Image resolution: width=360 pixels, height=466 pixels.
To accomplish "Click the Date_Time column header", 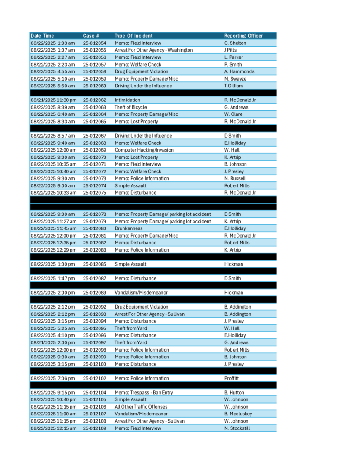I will [x=42, y=36].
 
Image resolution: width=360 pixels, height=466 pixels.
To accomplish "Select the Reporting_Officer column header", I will [x=243, y=36].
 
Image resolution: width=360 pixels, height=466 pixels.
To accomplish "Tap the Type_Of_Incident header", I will [x=133, y=36].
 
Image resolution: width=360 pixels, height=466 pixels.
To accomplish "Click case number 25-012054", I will [x=95, y=43].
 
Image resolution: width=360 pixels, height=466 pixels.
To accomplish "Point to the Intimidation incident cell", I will [x=128, y=100].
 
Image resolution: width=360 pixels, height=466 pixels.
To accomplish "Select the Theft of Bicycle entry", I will [x=131, y=107].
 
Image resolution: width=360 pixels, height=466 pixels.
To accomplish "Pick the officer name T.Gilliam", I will [x=233, y=86].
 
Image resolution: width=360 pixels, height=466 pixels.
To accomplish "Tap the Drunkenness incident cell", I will [x=129, y=228].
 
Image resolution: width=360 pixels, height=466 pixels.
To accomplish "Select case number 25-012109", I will [x=95, y=428].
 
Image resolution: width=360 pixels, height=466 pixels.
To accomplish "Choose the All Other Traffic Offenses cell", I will [x=141, y=407].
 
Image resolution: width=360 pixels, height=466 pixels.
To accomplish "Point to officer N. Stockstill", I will [x=237, y=428].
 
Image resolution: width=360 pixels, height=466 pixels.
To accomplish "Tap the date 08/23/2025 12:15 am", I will [x=53, y=428].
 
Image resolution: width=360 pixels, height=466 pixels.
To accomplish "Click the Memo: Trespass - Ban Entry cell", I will [x=144, y=393].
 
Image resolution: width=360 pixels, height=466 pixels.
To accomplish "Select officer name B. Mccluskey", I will [x=238, y=414].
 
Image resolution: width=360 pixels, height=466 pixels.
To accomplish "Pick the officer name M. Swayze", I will [x=235, y=79].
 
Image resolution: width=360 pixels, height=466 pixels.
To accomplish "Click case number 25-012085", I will [x=95, y=264].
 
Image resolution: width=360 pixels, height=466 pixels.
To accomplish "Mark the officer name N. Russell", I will [x=234, y=178].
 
